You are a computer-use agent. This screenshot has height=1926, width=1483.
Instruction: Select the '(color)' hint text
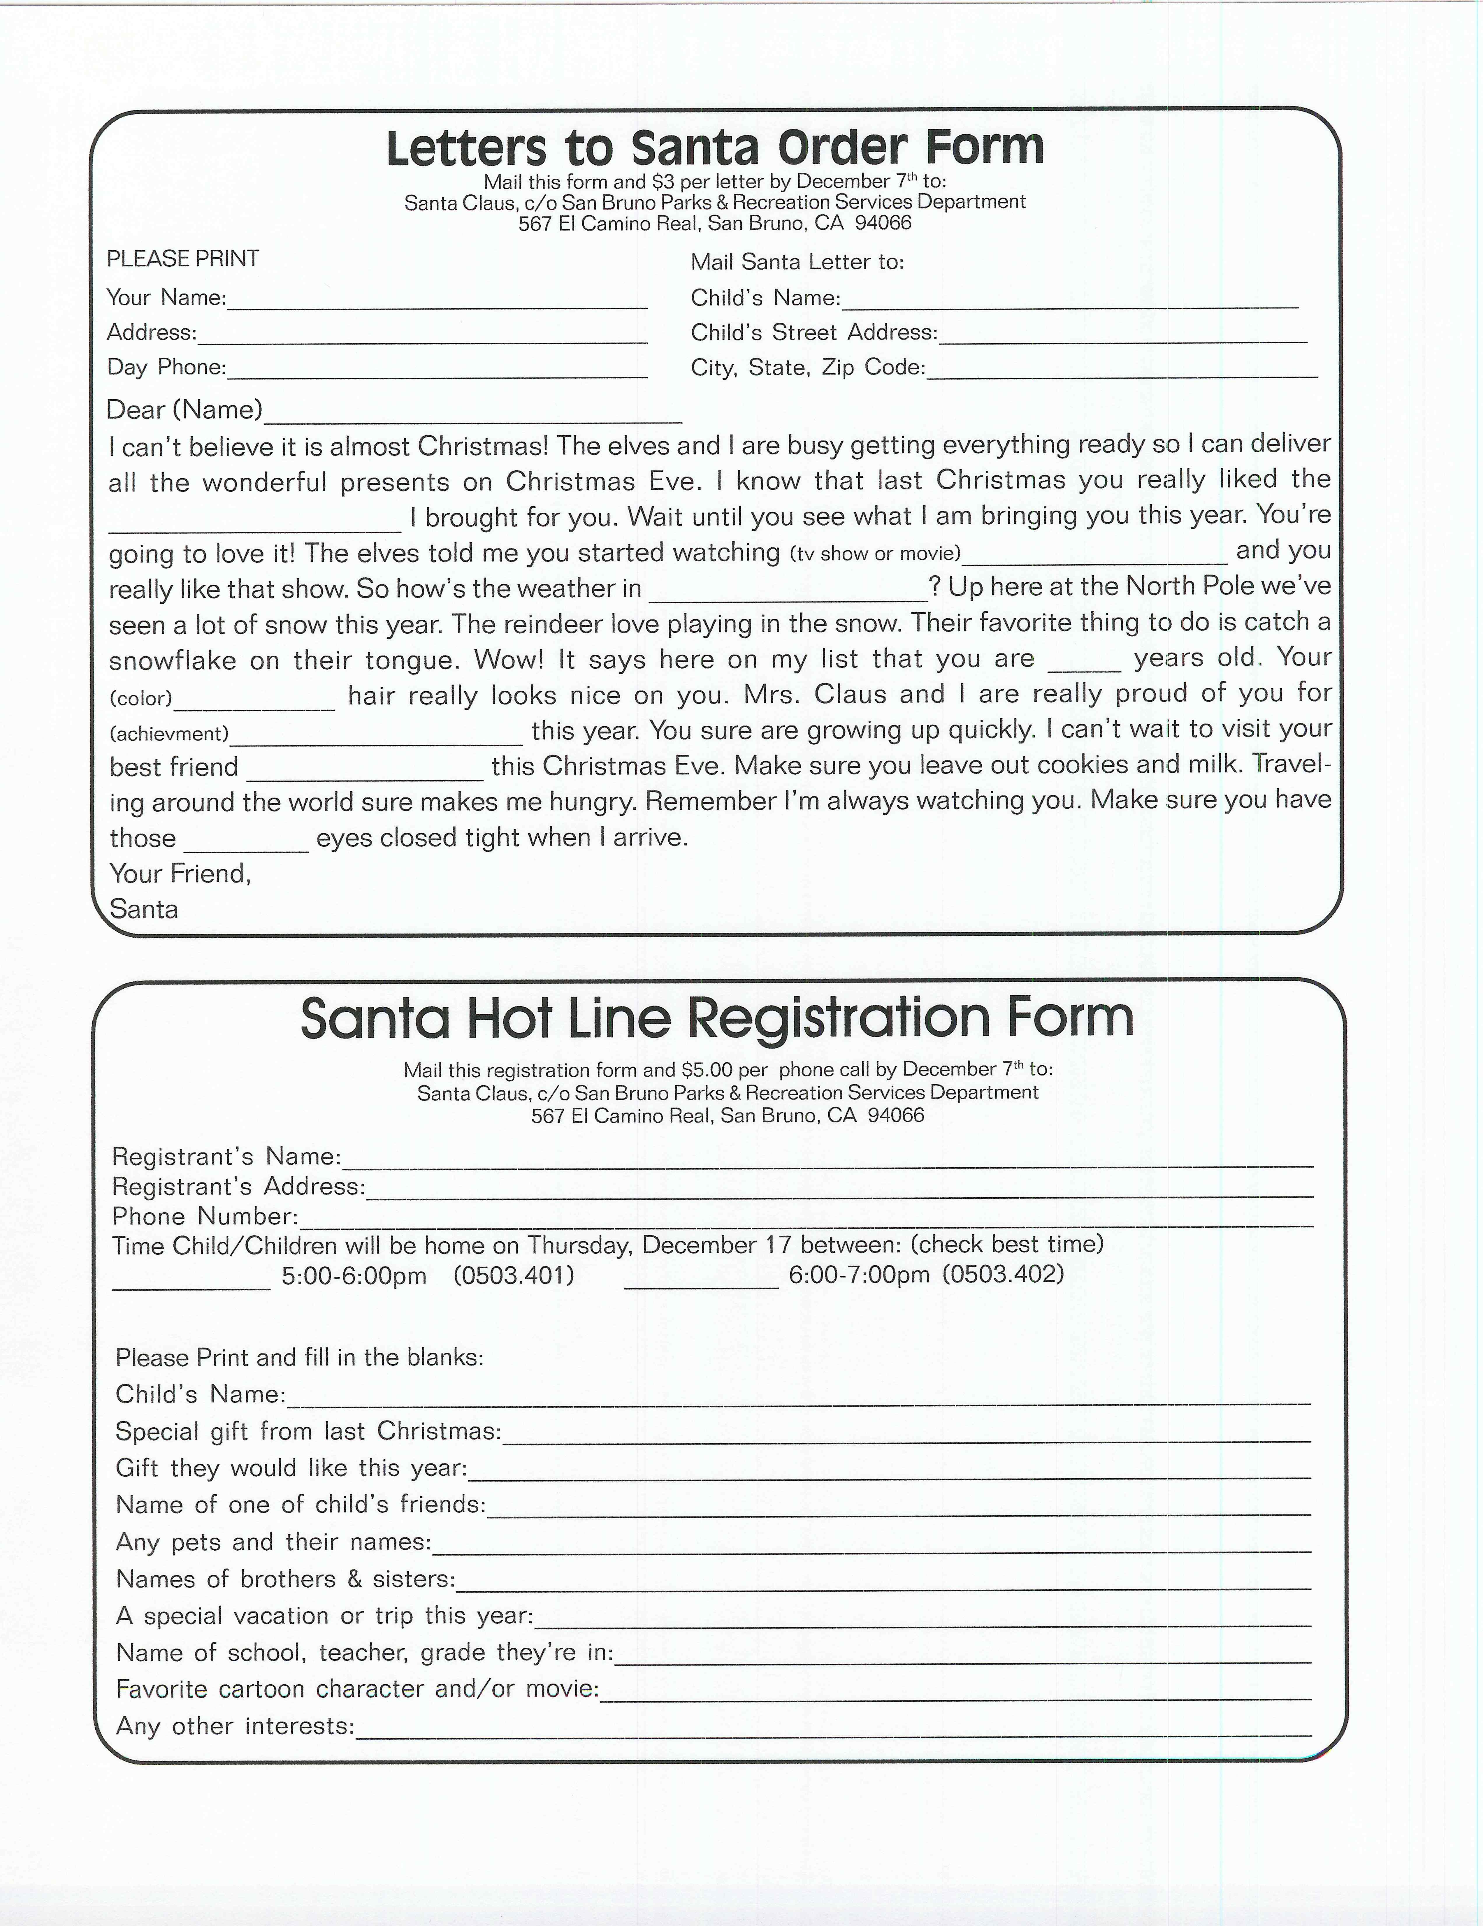pos(140,698)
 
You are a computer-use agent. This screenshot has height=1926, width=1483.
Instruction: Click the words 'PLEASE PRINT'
pos(182,259)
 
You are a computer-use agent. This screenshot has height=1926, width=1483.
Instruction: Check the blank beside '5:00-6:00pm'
pos(191,1281)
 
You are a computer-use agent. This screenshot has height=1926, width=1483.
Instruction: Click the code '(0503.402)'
pos(1003,1274)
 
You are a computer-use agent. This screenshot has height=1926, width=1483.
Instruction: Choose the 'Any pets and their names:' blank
pos(871,1545)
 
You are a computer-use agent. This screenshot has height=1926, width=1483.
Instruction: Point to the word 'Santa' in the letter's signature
pos(144,909)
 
